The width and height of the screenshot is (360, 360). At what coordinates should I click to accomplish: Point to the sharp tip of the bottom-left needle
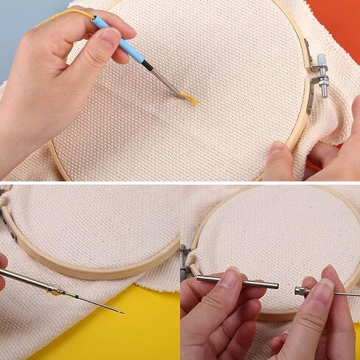pyautogui.click(x=122, y=312)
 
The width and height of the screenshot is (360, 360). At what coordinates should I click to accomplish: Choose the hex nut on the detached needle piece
pyautogui.click(x=302, y=291)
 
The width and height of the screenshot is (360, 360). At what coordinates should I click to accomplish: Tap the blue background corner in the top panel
pyautogui.click(x=18, y=18)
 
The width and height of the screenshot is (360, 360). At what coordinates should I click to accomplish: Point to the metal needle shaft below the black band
pyautogui.click(x=168, y=85)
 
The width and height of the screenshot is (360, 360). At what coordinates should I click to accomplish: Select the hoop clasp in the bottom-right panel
pyautogui.click(x=184, y=263)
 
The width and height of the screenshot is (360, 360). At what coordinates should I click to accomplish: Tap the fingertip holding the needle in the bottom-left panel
pyautogui.click(x=3, y=262)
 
